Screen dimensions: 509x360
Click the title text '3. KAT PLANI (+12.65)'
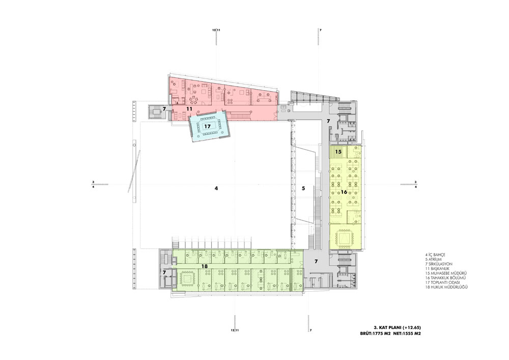(397, 328)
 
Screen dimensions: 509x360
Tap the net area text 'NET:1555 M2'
(407, 334)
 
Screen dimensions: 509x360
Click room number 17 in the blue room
(208, 125)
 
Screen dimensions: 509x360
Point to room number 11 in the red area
(189, 109)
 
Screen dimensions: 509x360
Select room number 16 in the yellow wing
(344, 192)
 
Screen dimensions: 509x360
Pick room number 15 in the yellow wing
(338, 152)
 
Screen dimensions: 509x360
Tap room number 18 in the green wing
(205, 266)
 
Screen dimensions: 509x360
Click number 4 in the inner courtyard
(216, 188)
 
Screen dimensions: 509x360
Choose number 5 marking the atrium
(303, 188)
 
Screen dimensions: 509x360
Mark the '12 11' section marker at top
(216, 30)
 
